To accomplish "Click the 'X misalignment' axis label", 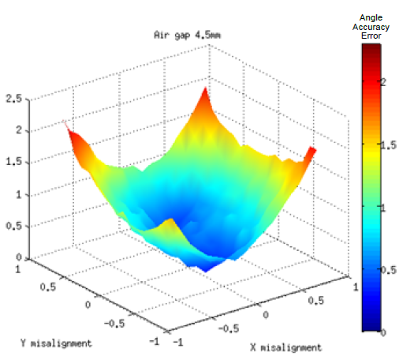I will pyautogui.click(x=285, y=347).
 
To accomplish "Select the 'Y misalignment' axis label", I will pyautogui.click(x=55, y=343).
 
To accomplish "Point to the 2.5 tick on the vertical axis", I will pyautogui.click(x=13, y=99).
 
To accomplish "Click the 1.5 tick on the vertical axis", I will pyautogui.click(x=13, y=163).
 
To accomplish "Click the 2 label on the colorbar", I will pyautogui.click(x=385, y=83).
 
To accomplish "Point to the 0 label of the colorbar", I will pyautogui.click(x=385, y=332).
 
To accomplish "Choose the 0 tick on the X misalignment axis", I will pyautogui.click(x=265, y=314).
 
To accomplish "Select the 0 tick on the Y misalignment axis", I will pyautogui.click(x=88, y=303).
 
